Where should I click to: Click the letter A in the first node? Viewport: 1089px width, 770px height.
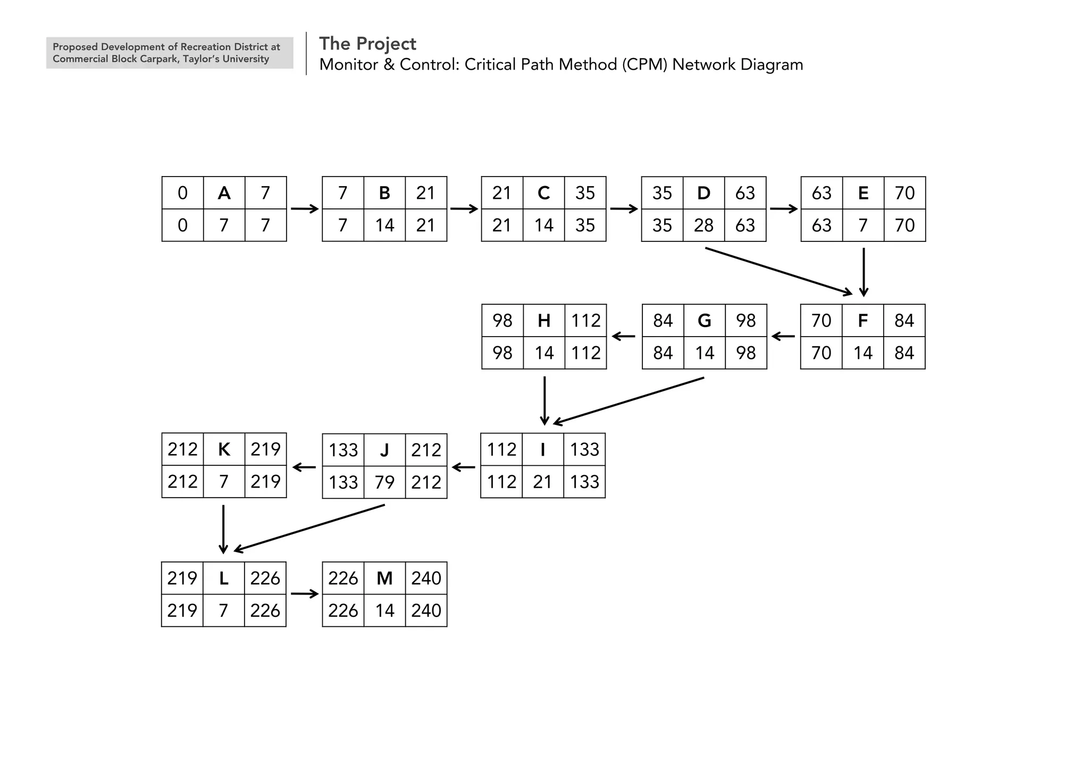click(x=224, y=193)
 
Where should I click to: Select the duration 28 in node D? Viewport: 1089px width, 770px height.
click(x=703, y=225)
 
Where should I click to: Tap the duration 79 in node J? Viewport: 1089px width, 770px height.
click(x=384, y=482)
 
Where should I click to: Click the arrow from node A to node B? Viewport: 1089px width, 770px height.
click(x=304, y=209)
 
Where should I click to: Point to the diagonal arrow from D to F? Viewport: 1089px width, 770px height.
click(x=778, y=271)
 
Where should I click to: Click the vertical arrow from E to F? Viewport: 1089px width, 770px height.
click(x=864, y=272)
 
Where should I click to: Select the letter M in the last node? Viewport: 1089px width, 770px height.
click(x=384, y=578)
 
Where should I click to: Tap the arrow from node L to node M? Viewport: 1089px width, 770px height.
click(x=304, y=594)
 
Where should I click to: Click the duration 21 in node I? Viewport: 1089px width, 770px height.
click(x=542, y=482)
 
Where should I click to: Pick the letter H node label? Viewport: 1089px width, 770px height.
click(x=543, y=321)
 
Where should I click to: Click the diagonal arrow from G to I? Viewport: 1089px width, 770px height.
click(x=629, y=401)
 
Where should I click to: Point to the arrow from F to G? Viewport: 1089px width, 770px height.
click(x=783, y=337)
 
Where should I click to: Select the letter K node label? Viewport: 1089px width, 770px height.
click(x=224, y=450)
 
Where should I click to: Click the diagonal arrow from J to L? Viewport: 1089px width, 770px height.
click(x=309, y=528)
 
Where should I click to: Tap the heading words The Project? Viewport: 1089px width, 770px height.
click(x=367, y=44)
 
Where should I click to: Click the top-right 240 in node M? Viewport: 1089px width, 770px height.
click(x=426, y=578)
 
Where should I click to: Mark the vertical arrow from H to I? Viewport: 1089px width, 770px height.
click(x=544, y=400)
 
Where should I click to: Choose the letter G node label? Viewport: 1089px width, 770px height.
click(x=704, y=321)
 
